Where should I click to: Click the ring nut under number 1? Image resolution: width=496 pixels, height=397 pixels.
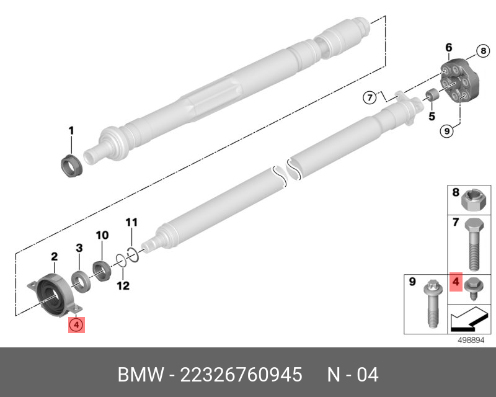point(71,166)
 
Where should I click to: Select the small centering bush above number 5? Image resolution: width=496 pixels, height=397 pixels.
point(429,96)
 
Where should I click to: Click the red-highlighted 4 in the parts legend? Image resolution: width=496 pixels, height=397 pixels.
point(455,283)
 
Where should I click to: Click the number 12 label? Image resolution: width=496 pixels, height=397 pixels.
point(124,286)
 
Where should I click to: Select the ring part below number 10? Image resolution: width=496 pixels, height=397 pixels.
point(102,271)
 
